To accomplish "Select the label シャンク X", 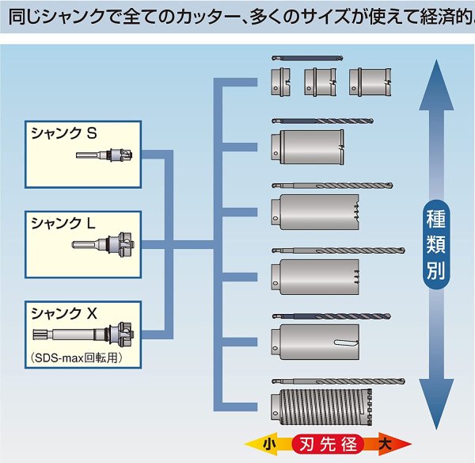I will coord(63,312).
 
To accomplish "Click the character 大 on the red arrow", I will coord(386,445).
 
